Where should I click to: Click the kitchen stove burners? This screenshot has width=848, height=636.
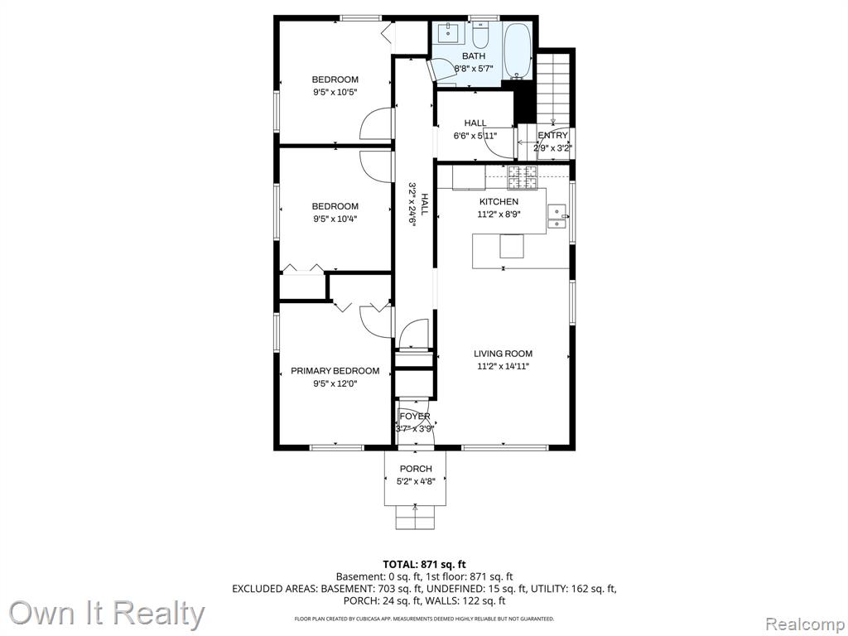(523, 178)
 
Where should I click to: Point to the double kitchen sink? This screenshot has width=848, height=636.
(557, 217)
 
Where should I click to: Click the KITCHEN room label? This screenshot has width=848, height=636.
(499, 202)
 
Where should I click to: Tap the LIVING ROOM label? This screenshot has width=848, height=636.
(503, 354)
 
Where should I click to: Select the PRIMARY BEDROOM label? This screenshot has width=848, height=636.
(335, 371)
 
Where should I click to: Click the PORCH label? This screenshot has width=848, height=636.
(416, 469)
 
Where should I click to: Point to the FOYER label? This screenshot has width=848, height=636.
(415, 417)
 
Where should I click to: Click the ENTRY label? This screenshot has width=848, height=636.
(552, 135)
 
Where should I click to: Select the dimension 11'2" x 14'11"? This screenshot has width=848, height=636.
(503, 367)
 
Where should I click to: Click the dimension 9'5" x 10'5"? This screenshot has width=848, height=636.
(335, 92)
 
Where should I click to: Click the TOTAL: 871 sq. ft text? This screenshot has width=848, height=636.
(424, 565)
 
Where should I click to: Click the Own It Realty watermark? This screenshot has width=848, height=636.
(107, 614)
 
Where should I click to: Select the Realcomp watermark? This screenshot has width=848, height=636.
(804, 624)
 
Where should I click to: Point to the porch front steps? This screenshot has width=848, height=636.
(416, 518)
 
